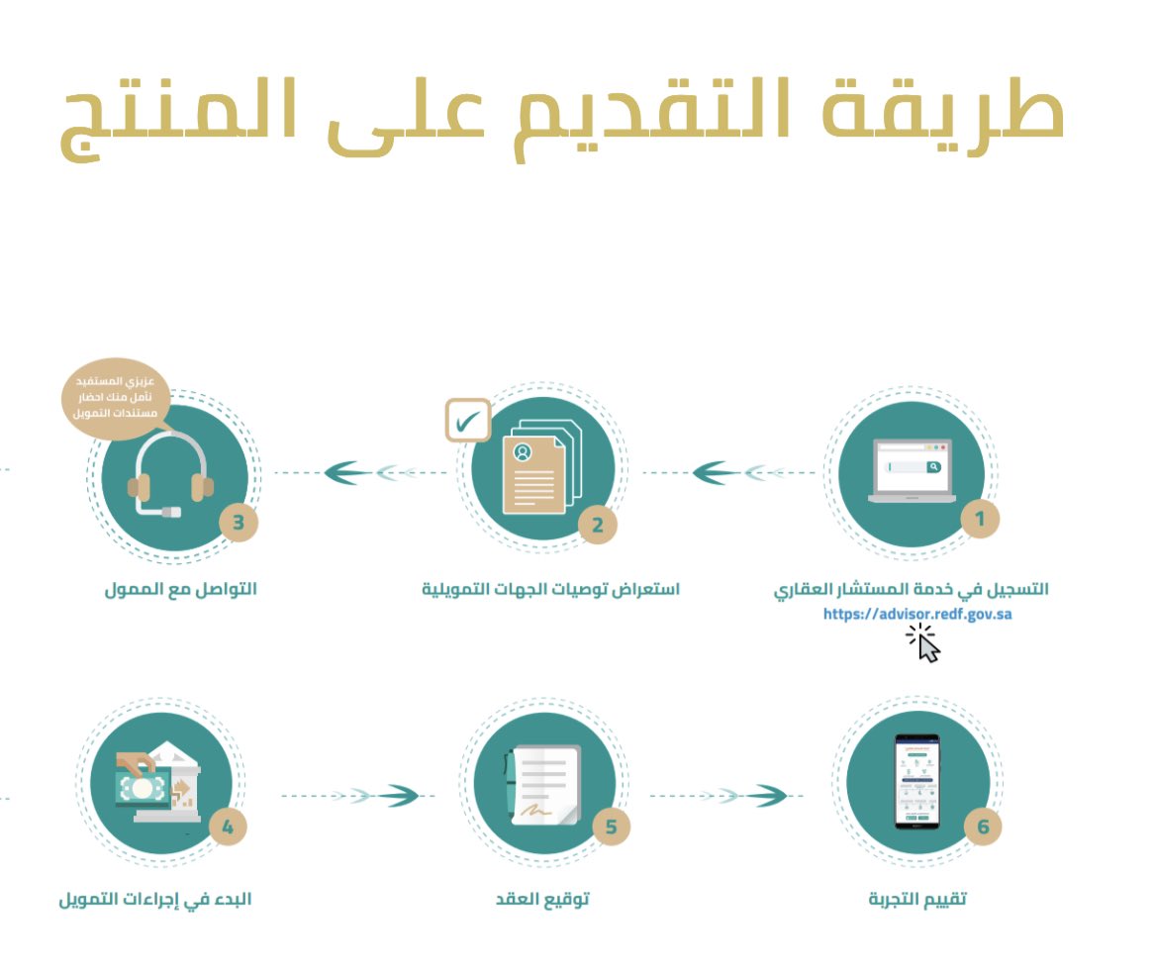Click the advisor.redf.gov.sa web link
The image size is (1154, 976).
click(917, 614)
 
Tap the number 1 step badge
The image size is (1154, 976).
click(980, 518)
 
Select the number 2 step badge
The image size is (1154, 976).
click(597, 525)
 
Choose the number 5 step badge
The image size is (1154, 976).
click(611, 829)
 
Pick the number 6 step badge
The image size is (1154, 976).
click(983, 828)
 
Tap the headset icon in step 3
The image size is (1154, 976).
click(171, 475)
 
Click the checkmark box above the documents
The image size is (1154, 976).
click(468, 421)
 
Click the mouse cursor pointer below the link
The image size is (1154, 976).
click(926, 645)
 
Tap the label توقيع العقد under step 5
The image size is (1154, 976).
click(542, 900)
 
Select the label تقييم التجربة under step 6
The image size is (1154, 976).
click(916, 900)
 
